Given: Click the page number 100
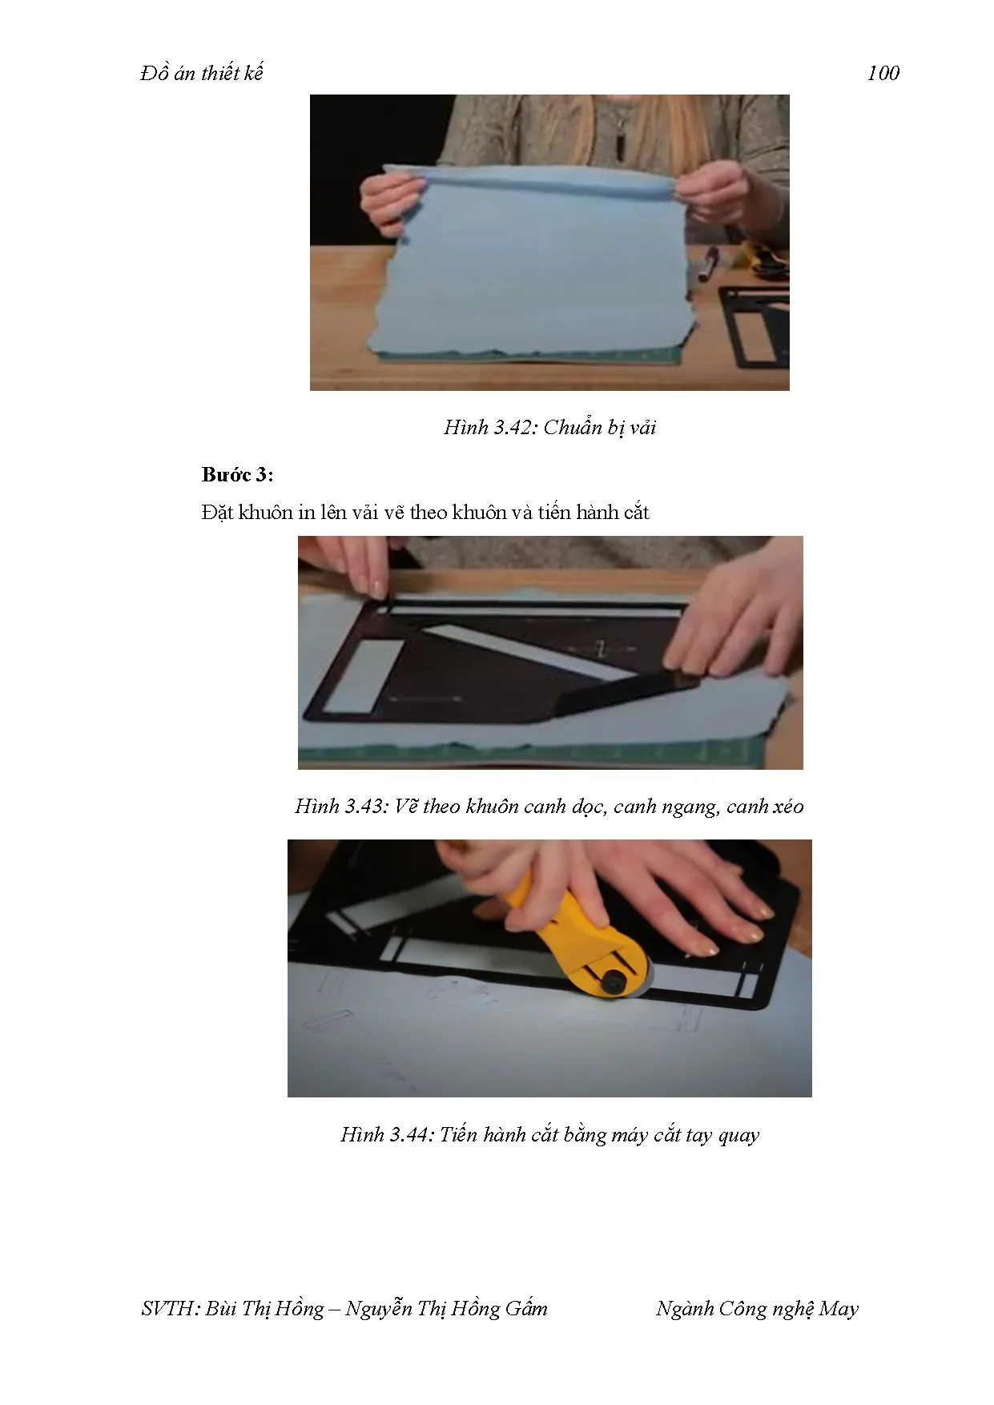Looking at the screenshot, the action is click(x=883, y=73).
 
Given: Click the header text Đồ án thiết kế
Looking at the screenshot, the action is click(x=201, y=73).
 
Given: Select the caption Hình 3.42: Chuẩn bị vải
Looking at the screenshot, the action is click(x=549, y=427).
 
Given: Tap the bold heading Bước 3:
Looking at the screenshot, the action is click(x=238, y=475).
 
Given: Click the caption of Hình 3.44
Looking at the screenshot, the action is click(x=549, y=1134).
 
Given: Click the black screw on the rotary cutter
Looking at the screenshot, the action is click(x=614, y=980).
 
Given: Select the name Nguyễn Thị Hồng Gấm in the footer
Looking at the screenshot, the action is click(x=446, y=1309).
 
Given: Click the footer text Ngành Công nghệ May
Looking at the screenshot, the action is click(x=757, y=1309).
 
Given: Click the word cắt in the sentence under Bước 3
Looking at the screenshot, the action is click(x=636, y=513).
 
